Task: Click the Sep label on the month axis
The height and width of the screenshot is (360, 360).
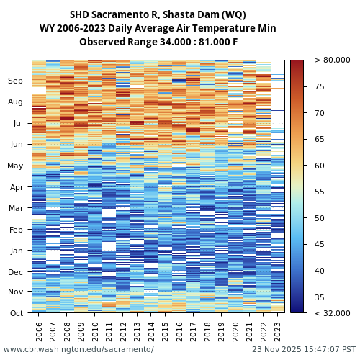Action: click(x=16, y=81)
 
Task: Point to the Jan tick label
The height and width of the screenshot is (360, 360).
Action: click(x=16, y=251)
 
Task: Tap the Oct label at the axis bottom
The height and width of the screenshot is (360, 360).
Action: click(x=16, y=313)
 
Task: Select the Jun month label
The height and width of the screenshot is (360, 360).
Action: click(x=16, y=144)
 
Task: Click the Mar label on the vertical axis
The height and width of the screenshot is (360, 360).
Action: click(x=16, y=208)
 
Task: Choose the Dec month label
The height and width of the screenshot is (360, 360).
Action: click(x=16, y=272)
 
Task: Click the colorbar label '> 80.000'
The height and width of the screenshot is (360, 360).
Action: click(x=332, y=60)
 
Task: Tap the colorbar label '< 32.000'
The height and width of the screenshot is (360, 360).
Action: click(x=332, y=313)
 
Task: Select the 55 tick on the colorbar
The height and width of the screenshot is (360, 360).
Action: click(x=319, y=192)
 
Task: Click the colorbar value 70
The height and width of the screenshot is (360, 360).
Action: click(x=319, y=113)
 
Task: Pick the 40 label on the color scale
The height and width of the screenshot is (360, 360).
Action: click(x=319, y=271)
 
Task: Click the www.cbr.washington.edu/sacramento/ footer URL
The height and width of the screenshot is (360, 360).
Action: click(x=78, y=349)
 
